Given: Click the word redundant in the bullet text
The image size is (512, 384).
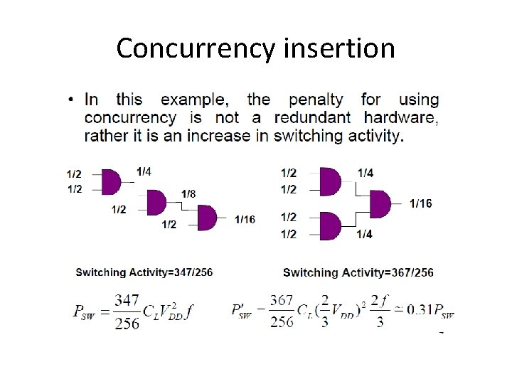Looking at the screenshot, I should (x=312, y=118).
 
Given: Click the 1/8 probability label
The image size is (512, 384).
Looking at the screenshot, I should (x=188, y=194).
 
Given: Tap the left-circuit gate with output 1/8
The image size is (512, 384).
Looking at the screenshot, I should (x=156, y=203).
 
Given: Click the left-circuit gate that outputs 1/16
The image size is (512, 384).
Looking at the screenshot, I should (x=206, y=218).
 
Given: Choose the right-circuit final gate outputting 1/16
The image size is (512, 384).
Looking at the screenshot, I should (x=380, y=204).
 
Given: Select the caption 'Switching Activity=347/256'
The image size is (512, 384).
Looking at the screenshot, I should (x=144, y=272).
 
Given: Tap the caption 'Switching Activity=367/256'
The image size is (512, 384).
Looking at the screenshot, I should (x=358, y=272).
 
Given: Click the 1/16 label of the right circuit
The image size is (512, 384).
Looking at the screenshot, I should (x=420, y=204).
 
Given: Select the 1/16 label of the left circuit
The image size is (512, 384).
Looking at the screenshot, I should (x=245, y=219).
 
